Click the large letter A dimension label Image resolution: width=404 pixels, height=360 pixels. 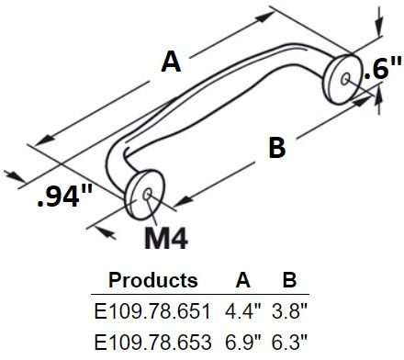pyautogui.click(x=171, y=62)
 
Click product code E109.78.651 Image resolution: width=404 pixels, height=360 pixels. pyautogui.click(x=152, y=311)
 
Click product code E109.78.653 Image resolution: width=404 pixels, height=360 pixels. pyautogui.click(x=152, y=342)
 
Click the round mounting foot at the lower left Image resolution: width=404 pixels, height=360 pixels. pyautogui.click(x=146, y=190)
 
